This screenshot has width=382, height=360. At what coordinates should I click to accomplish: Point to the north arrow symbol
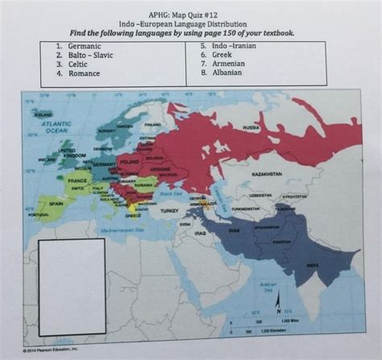[277, 303]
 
